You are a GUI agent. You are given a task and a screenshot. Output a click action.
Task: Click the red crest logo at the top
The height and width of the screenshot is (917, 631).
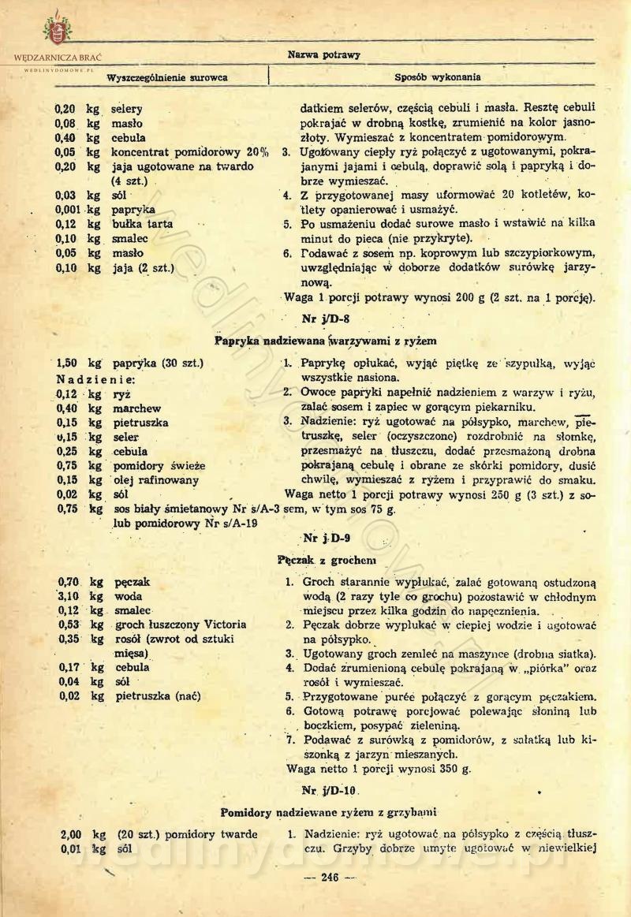(56, 32)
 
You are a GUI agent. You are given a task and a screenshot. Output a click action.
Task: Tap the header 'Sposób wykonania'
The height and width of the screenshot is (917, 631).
(438, 77)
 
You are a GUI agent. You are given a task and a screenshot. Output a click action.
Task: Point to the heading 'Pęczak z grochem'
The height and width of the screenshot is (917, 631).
(315, 560)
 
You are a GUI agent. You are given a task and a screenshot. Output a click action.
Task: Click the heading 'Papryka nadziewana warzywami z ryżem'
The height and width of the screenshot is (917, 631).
(326, 341)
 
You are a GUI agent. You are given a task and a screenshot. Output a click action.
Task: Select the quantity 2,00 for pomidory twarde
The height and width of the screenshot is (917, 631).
(73, 834)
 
